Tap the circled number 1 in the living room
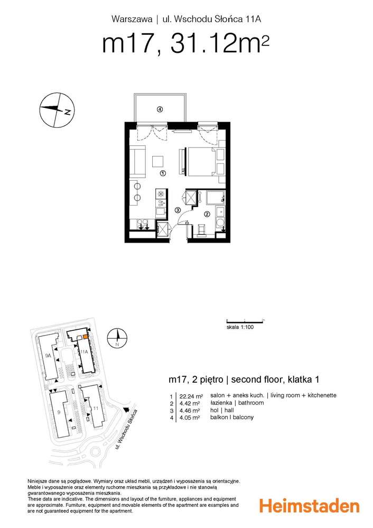tap(163, 173)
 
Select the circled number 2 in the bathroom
tap(207, 214)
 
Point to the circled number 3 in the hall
tap(178, 210)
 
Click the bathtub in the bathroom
tap(215, 198)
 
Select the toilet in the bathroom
tap(201, 230)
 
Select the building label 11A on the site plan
tap(83, 350)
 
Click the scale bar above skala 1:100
tap(245, 320)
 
